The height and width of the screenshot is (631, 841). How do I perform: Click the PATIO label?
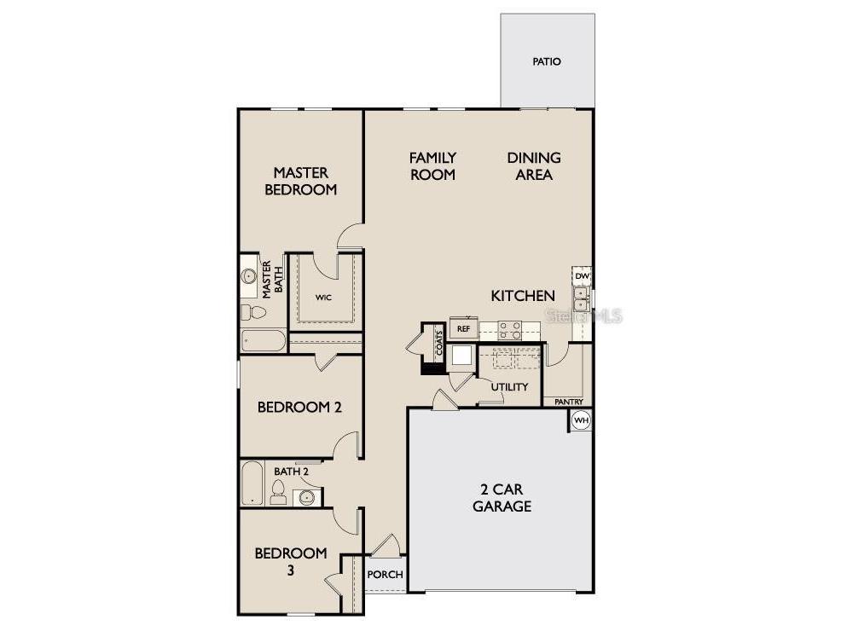pyautogui.click(x=547, y=61)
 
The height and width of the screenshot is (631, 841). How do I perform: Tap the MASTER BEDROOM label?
pyautogui.click(x=300, y=182)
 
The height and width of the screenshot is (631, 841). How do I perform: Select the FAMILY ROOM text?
pyautogui.click(x=432, y=166)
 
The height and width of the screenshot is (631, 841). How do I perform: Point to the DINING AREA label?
pyautogui.click(x=534, y=166)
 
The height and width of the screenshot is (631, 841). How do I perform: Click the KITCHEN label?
pyautogui.click(x=523, y=296)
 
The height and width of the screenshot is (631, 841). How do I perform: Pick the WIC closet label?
pyautogui.click(x=322, y=298)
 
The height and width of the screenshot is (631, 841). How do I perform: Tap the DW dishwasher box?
pyautogui.click(x=582, y=276)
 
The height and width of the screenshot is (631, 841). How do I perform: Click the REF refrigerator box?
pyautogui.click(x=464, y=328)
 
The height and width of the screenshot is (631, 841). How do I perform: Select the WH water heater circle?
pyautogui.click(x=581, y=420)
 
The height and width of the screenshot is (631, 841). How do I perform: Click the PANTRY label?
pyautogui.click(x=568, y=402)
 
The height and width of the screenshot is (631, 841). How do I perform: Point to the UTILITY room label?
pyautogui.click(x=509, y=387)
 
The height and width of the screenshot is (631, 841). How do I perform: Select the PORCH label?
pyautogui.click(x=385, y=575)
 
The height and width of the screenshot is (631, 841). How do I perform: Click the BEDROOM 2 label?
pyautogui.click(x=299, y=408)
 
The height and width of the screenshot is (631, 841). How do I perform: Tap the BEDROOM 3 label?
pyautogui.click(x=290, y=562)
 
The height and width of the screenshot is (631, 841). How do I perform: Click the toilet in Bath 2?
pyautogui.click(x=278, y=491)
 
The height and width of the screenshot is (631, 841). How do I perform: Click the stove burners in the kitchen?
pyautogui.click(x=510, y=329)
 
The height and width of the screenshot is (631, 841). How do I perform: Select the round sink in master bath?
pyautogui.click(x=249, y=276)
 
